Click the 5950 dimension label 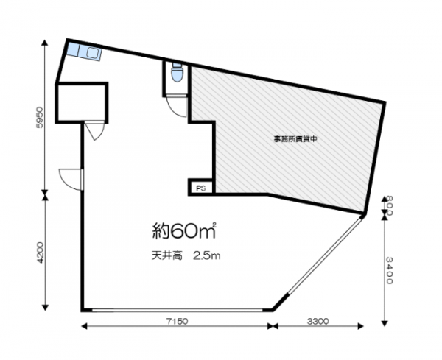coord(40,118)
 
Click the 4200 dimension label coord(40,253)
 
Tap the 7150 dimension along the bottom coord(177,321)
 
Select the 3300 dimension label coord(318,321)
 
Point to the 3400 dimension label coord(389,270)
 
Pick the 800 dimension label coord(389,205)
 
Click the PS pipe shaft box coord(200,188)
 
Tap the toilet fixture coord(178,72)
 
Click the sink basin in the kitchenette coord(93,53)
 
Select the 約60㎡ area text coord(184,230)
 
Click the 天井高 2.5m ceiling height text coord(186,255)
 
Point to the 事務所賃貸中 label coord(295,139)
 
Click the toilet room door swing coord(177,106)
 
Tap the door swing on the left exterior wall coord(71,180)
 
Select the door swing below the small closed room coord(95,130)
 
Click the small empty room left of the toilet coord(82,103)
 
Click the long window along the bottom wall coord(177,310)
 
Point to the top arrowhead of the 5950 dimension coord(44,43)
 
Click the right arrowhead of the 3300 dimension coord(360,326)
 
